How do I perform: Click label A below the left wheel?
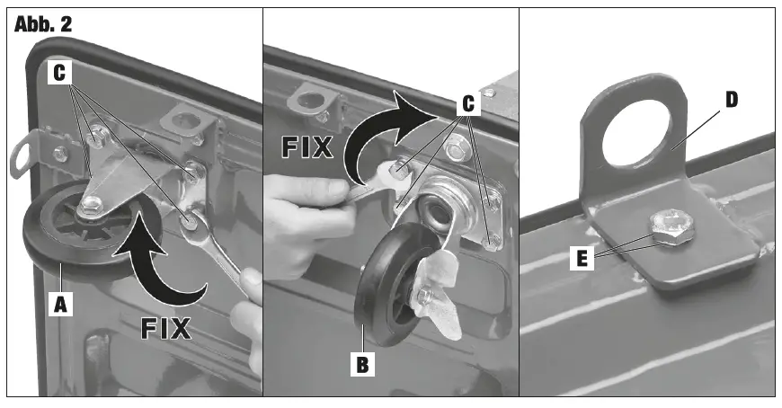(60, 305)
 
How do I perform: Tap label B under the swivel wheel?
(362, 366)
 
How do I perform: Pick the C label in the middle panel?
(467, 103)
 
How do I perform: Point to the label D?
(731, 99)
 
